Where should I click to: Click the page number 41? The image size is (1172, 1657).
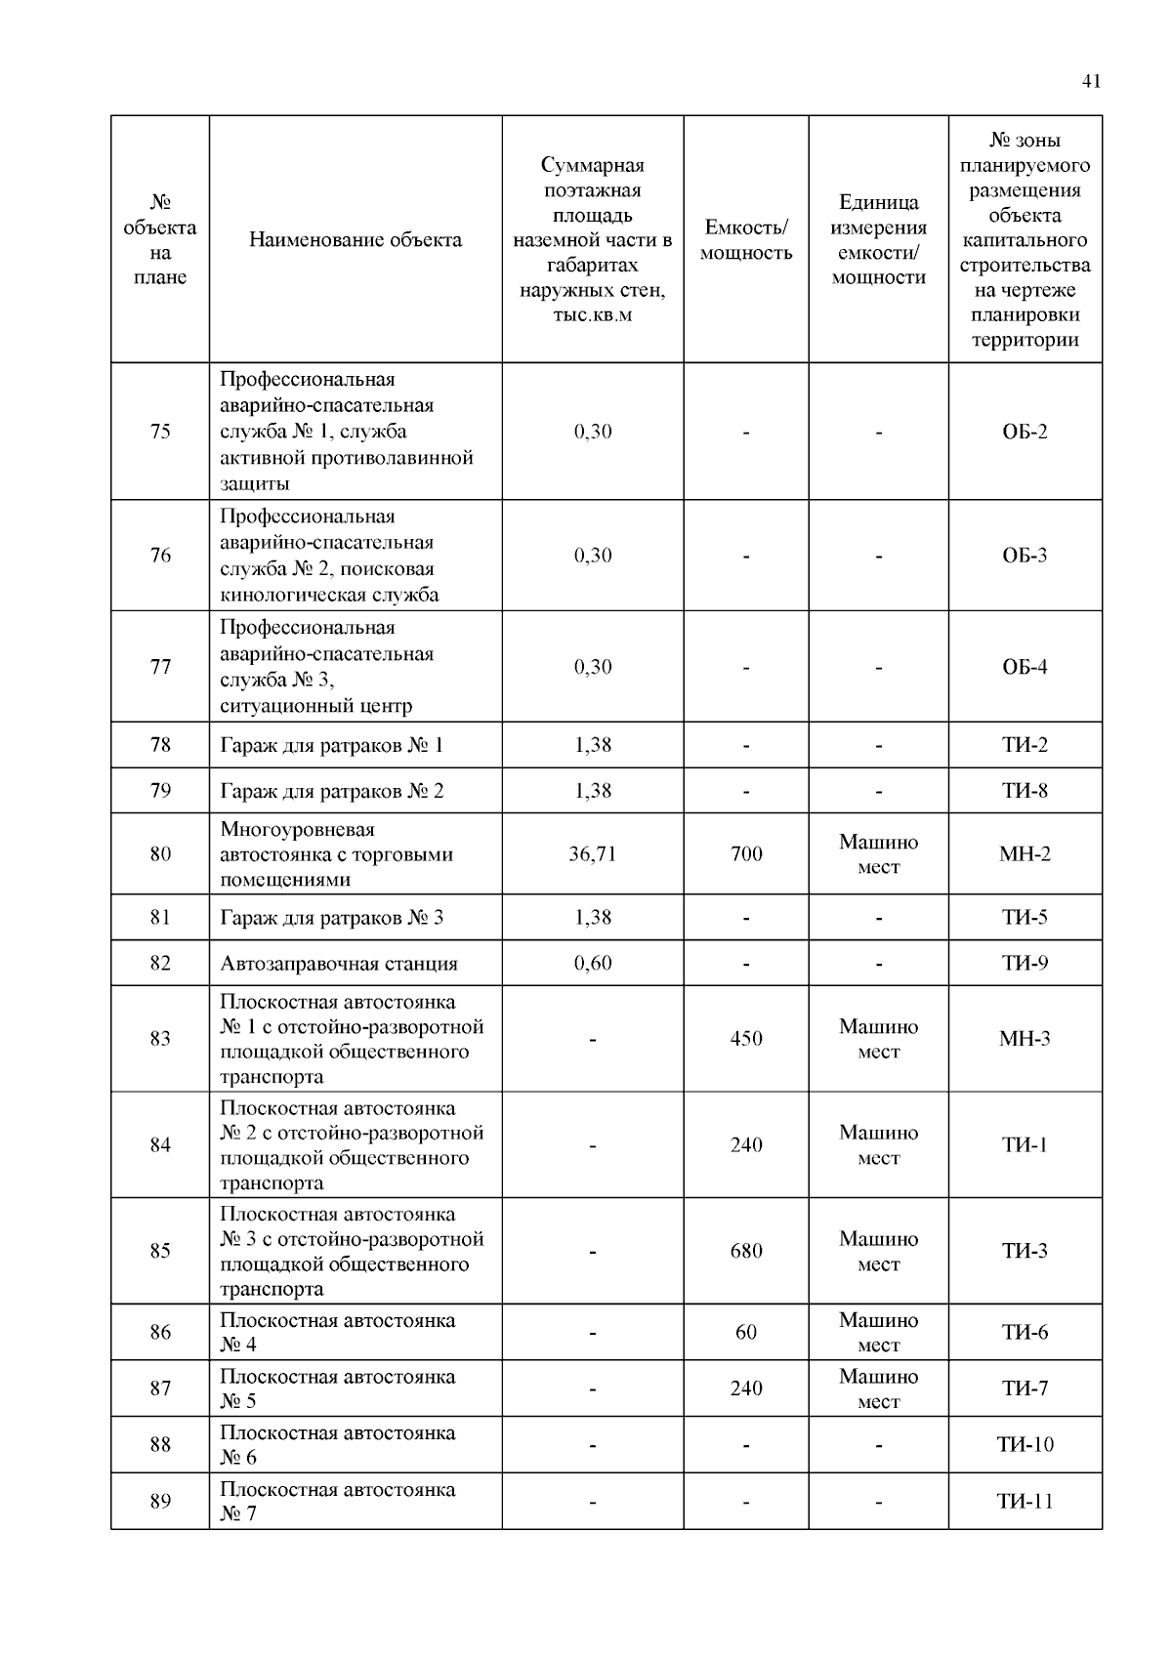pyautogui.click(x=1091, y=81)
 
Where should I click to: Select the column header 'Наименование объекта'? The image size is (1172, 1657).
pyautogui.click(x=356, y=240)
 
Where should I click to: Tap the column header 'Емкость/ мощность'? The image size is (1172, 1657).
pyautogui.click(x=746, y=240)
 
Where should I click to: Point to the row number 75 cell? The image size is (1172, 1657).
pyautogui.click(x=160, y=432)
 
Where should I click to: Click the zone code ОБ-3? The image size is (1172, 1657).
pyautogui.click(x=1025, y=556)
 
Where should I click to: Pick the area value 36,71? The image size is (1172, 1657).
pyautogui.click(x=593, y=854)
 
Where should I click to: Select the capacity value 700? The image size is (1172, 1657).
pyautogui.click(x=746, y=854)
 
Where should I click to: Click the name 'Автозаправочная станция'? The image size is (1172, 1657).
pyautogui.click(x=338, y=964)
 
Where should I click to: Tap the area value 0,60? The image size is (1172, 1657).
pyautogui.click(x=593, y=964)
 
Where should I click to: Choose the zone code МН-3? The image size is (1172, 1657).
pyautogui.click(x=1025, y=1039)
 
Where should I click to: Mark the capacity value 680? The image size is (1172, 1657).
pyautogui.click(x=746, y=1251)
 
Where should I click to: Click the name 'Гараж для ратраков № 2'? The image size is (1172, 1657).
pyautogui.click(x=331, y=791)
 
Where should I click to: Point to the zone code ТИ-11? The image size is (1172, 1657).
pyautogui.click(x=1025, y=1502)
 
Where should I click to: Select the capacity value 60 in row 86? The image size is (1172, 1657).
pyautogui.click(x=746, y=1333)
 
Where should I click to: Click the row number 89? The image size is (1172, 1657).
pyautogui.click(x=160, y=1502)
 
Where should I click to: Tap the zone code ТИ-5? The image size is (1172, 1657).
pyautogui.click(x=1025, y=918)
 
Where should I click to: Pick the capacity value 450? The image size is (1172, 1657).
pyautogui.click(x=746, y=1039)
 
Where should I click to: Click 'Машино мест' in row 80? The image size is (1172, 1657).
pyautogui.click(x=878, y=854)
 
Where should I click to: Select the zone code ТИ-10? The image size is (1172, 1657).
pyautogui.click(x=1025, y=1445)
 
